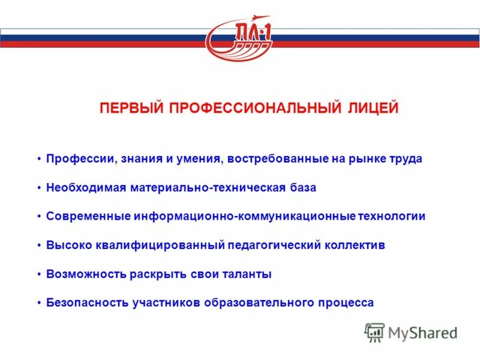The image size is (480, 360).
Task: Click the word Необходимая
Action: (85, 188)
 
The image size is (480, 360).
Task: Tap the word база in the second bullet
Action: (302, 188)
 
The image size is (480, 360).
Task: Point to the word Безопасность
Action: (87, 303)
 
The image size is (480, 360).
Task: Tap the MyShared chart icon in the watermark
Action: (374, 332)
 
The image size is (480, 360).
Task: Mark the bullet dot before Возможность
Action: (39, 274)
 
